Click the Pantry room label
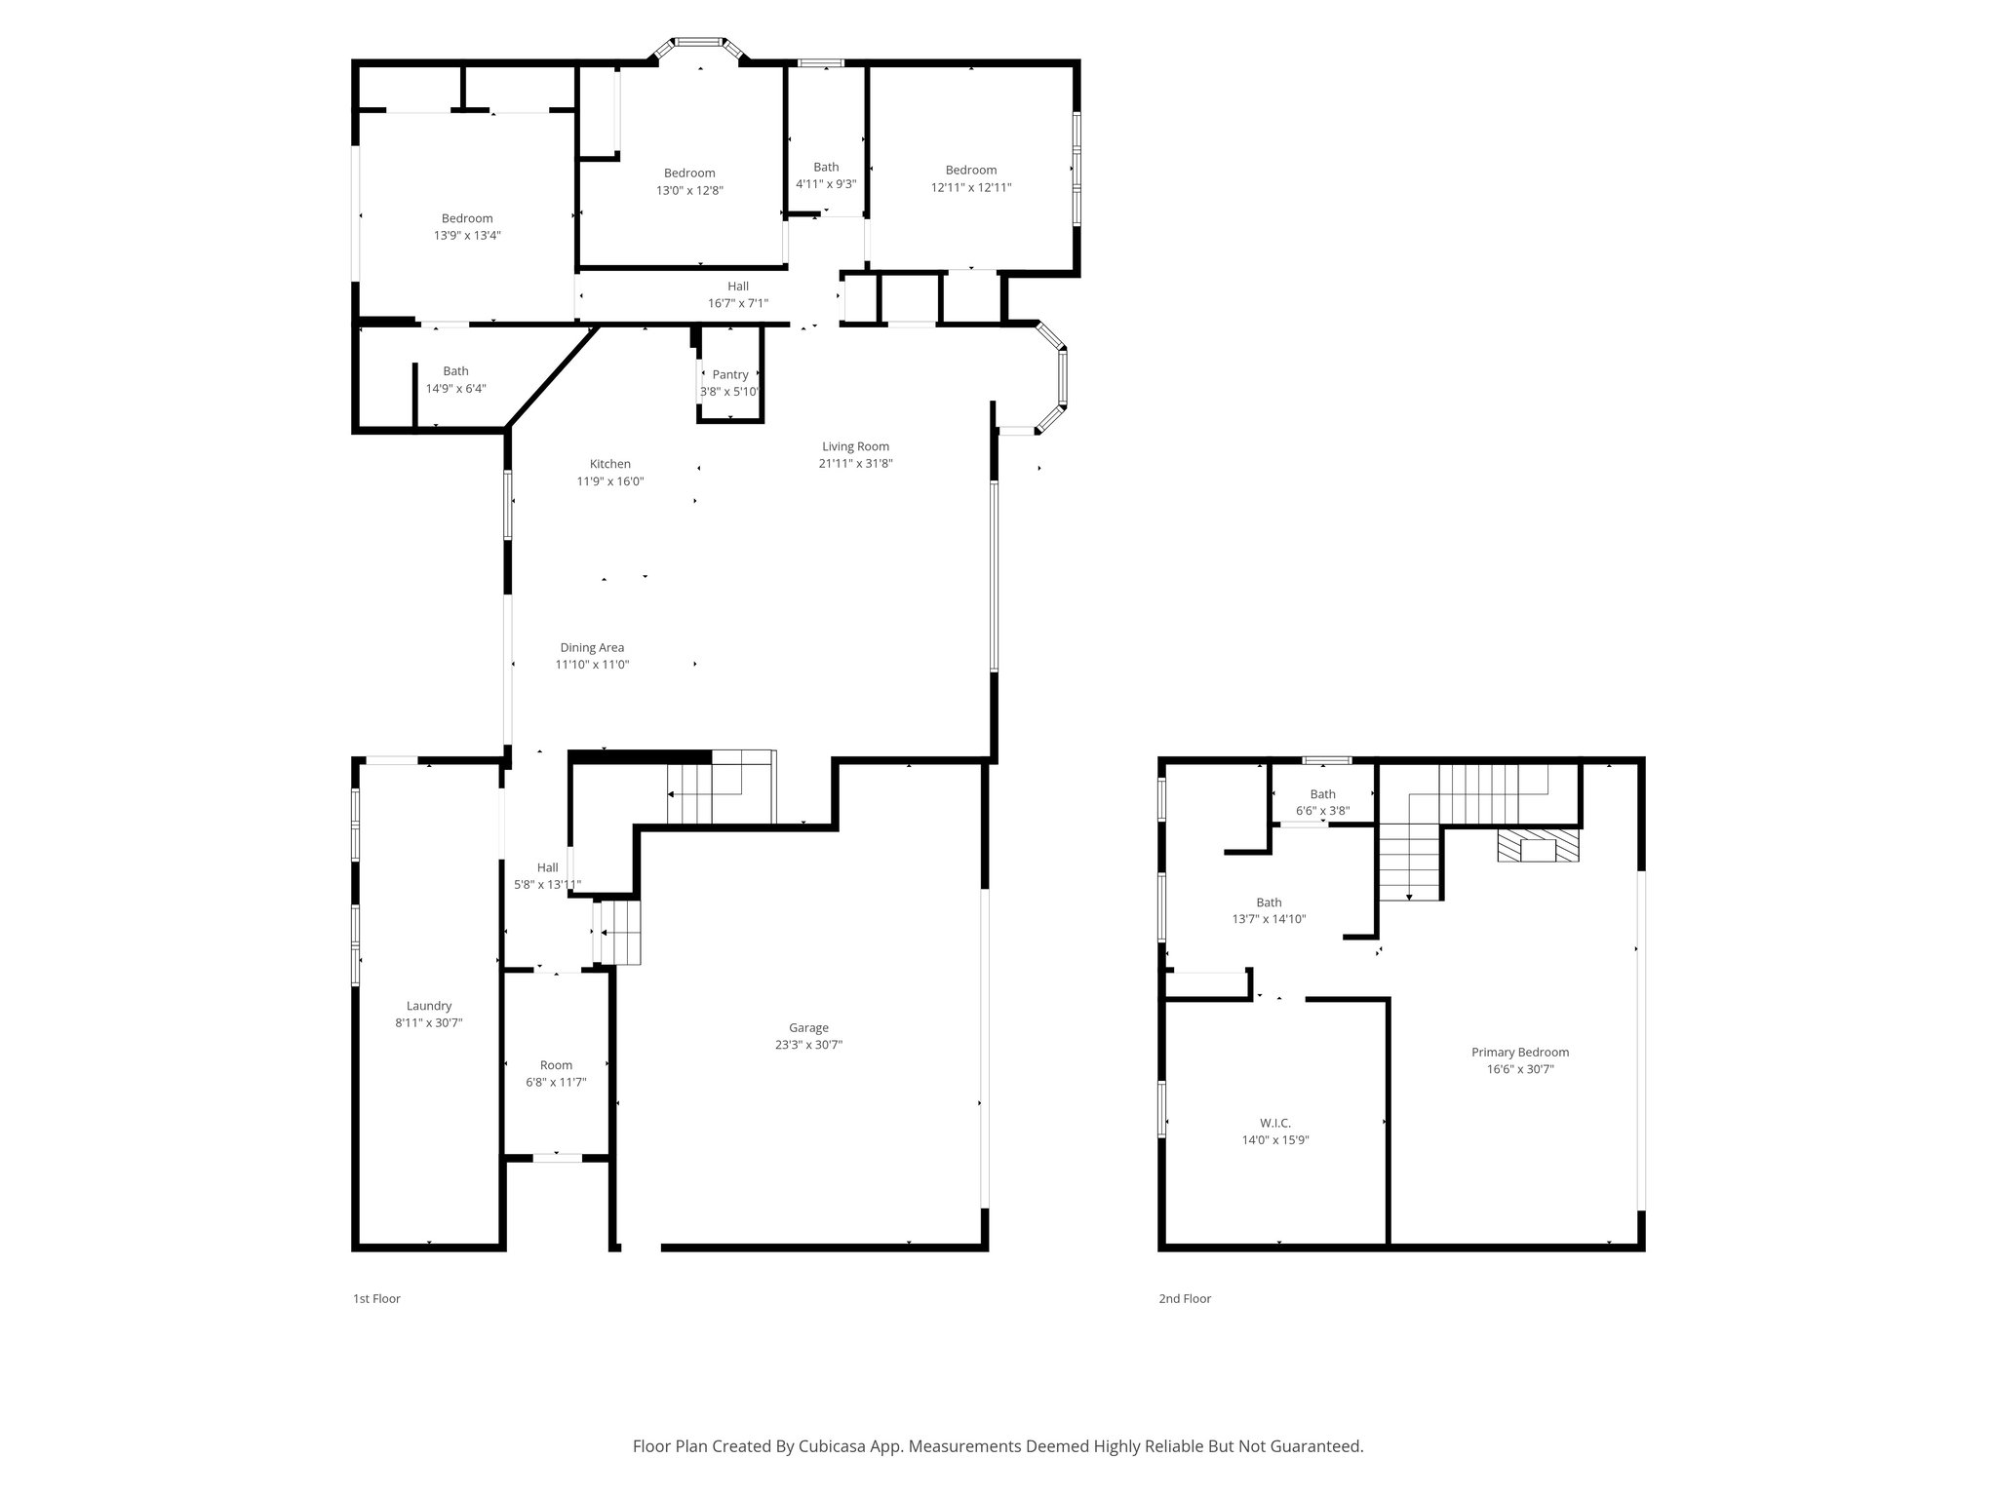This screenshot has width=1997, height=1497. tap(730, 374)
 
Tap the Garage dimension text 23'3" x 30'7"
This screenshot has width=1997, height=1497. tap(808, 1045)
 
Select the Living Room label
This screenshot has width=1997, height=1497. tap(855, 446)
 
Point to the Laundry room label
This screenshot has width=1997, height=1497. tap(429, 1006)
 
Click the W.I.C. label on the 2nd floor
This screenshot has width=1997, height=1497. tap(1275, 1123)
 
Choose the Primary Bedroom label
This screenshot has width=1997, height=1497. tap(1520, 1052)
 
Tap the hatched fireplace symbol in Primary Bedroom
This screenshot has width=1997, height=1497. tap(1539, 845)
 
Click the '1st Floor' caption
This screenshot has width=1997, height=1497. tap(376, 1298)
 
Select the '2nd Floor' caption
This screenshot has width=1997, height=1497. tap(1184, 1298)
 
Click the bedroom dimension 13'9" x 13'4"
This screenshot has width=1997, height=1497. tap(467, 235)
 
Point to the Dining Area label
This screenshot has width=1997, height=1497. tap(592, 647)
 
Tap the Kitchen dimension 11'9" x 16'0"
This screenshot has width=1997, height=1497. tap(610, 481)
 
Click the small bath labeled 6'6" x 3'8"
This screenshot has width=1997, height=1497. tap(1322, 802)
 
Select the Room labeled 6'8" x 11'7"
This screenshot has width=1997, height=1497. tap(556, 1073)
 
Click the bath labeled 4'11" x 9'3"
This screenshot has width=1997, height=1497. tap(826, 175)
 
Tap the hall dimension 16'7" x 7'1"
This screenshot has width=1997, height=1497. tap(738, 303)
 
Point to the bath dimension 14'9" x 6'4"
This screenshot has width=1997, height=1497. tap(455, 388)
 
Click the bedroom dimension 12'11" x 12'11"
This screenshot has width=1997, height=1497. tap(971, 187)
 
